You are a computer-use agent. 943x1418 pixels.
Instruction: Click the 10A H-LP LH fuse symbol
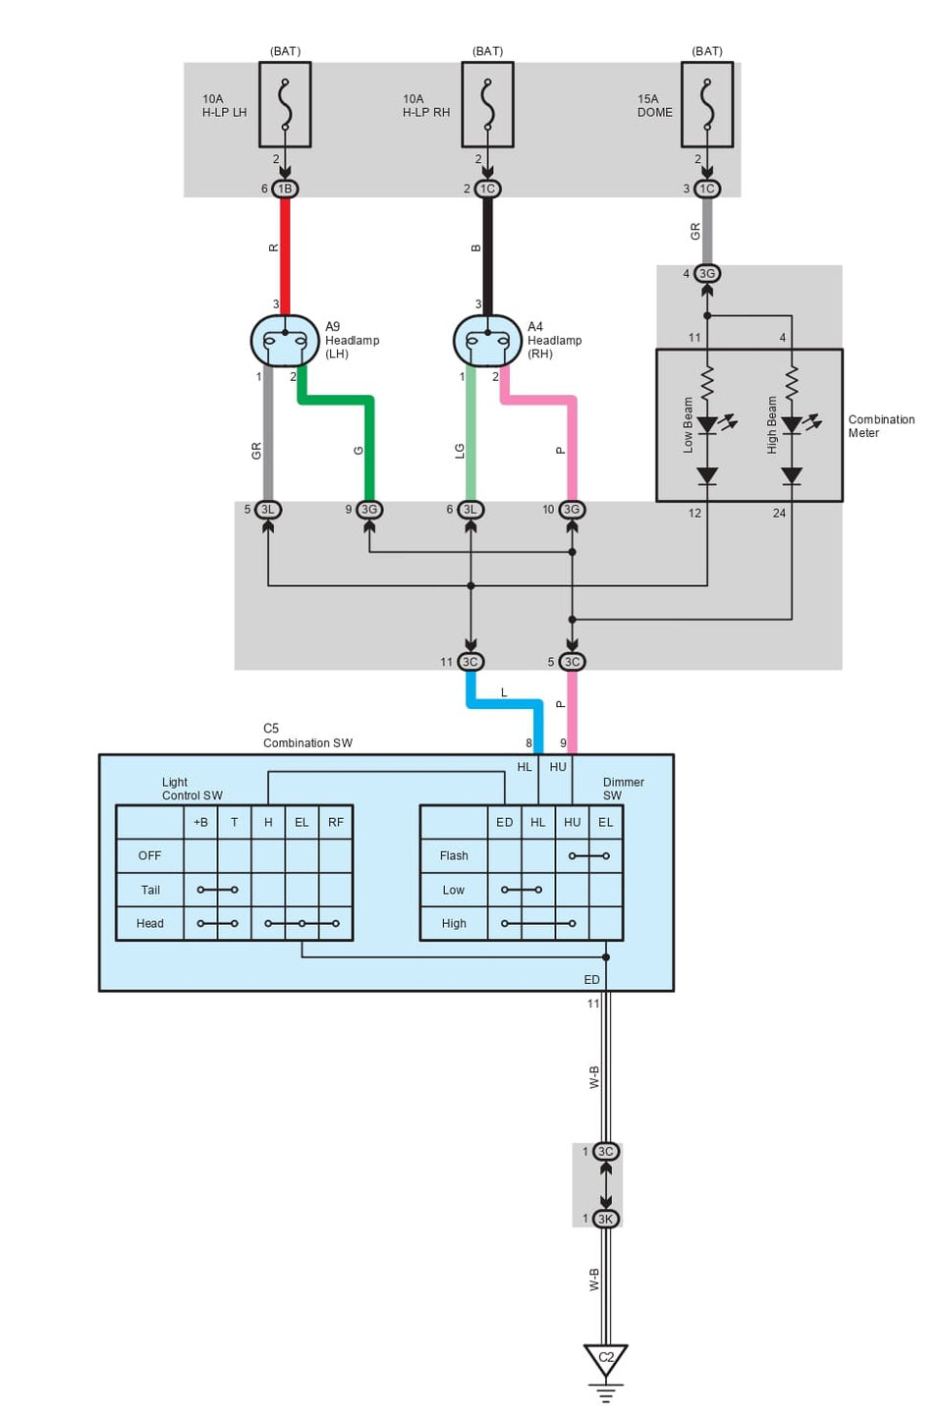click(x=285, y=105)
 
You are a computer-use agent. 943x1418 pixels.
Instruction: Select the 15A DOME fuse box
click(x=706, y=105)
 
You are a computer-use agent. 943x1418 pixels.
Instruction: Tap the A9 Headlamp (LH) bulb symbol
click(x=285, y=342)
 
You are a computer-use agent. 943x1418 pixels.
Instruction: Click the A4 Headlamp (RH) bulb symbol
click(x=487, y=342)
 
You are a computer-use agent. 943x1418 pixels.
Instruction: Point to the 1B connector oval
click(x=285, y=189)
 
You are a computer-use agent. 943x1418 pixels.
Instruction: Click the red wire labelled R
click(x=285, y=250)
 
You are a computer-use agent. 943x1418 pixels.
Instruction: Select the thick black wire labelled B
click(x=487, y=250)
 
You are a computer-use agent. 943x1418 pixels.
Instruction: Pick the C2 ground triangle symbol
click(x=606, y=1360)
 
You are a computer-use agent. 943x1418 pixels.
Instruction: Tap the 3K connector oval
click(x=606, y=1219)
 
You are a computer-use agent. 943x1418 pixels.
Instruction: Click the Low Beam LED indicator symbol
click(x=707, y=424)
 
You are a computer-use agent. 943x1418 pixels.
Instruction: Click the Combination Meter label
click(x=881, y=426)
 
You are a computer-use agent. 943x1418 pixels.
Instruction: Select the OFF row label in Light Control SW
click(x=149, y=856)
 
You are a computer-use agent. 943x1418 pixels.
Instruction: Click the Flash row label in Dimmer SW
click(x=454, y=856)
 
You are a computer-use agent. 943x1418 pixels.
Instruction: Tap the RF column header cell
click(x=336, y=822)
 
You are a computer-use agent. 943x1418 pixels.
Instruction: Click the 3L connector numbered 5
click(x=267, y=510)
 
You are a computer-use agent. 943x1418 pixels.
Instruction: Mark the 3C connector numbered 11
click(x=471, y=662)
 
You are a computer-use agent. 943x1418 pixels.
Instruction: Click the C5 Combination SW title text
click(x=306, y=736)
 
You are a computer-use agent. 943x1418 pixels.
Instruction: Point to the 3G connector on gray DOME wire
click(x=707, y=273)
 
